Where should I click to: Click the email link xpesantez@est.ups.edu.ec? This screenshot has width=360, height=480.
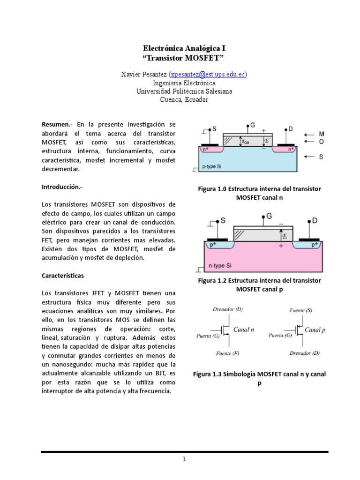point(208,75)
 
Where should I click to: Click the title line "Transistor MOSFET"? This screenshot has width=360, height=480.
point(180,58)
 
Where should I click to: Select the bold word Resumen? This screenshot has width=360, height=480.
point(54,124)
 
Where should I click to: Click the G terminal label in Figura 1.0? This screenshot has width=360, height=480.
point(253,126)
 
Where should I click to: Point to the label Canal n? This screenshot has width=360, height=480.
point(243,330)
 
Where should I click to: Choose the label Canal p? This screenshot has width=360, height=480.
point(315,330)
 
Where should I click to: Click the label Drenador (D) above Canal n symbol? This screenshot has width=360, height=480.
point(227,309)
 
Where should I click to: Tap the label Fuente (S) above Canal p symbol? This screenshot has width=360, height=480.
point(302,310)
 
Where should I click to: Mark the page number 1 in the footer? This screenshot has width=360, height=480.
point(185,459)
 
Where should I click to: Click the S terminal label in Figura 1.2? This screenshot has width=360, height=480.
point(223,220)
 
